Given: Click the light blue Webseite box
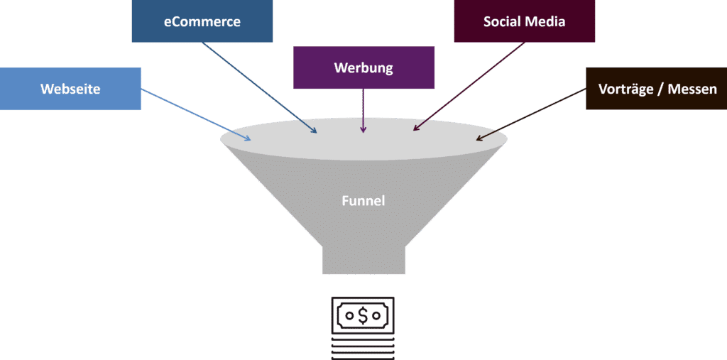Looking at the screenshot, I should (x=70, y=89).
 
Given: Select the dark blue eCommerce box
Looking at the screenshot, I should (x=202, y=21).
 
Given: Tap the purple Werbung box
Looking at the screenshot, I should (x=363, y=68).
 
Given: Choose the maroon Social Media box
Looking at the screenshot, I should (x=524, y=21).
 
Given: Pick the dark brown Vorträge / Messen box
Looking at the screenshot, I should (x=656, y=89).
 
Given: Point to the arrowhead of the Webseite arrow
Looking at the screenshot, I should (x=248, y=138).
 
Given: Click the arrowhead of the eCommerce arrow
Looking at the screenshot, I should (x=315, y=131).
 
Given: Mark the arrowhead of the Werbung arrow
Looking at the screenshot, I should (x=363, y=131).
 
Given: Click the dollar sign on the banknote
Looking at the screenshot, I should (x=363, y=315).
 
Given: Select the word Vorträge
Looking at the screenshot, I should (x=625, y=89).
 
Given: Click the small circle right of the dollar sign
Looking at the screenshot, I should (x=379, y=315).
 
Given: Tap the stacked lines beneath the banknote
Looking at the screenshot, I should (x=363, y=348).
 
